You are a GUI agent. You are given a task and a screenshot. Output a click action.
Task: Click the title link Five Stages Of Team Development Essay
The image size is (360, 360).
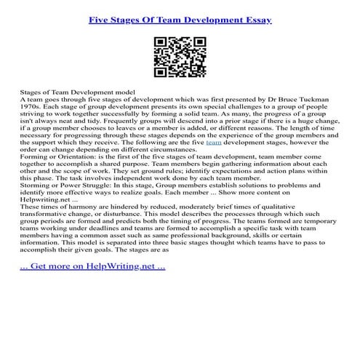(180, 14)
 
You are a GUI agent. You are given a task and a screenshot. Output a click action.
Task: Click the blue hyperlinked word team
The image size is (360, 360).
(215, 143)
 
